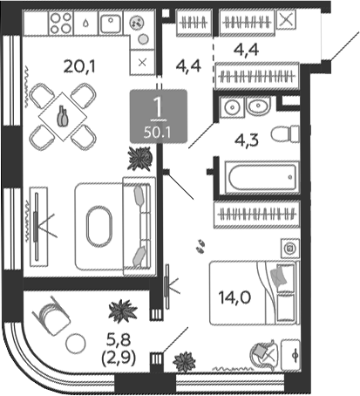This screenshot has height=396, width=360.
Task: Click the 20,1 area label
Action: coord(79,67)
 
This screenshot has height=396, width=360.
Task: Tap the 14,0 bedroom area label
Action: coord(234,297)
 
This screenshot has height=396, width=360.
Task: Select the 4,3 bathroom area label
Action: coord(247,140)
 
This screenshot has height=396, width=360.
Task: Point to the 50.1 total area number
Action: coord(158,133)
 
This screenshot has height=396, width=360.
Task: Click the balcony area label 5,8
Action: coord(119,339)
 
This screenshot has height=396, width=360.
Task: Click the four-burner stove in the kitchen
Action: coord(61,23)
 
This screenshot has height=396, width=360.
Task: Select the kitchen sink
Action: coord(111,23)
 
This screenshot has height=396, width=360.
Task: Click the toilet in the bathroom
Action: coord(285,134)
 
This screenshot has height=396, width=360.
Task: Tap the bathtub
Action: coord(262,177)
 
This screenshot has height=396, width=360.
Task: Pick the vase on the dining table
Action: coord(63,116)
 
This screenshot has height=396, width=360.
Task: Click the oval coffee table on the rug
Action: coord(98,227)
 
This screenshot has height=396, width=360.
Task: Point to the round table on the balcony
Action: coord(76,344)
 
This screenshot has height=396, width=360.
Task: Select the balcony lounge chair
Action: coord(51,317)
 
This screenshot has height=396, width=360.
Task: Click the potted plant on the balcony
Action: coord(122,311)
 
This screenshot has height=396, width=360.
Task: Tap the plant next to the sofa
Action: coord(139,159)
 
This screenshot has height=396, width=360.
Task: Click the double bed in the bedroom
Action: coord(254,293)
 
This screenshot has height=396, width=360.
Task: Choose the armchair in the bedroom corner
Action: coord(264,355)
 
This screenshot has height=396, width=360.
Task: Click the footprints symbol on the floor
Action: coord(200,246)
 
